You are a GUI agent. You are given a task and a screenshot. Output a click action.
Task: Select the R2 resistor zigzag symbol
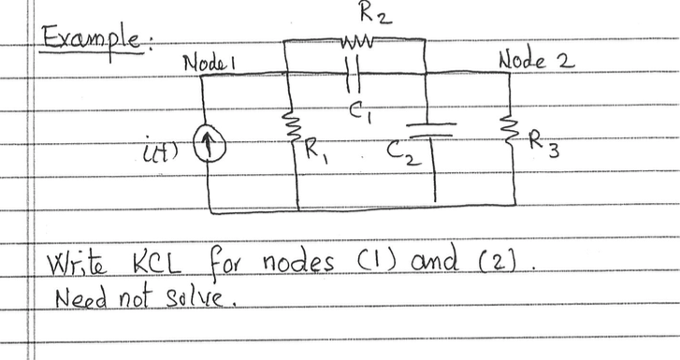(x=358, y=41)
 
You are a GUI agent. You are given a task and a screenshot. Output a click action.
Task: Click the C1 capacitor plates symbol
(x=354, y=73)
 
